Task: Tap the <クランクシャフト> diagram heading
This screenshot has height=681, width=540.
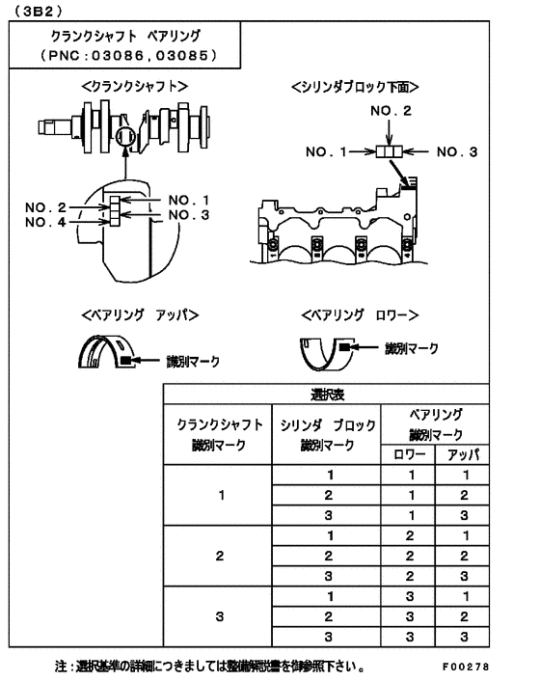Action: click(x=134, y=87)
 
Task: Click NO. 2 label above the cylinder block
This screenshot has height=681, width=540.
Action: click(x=391, y=112)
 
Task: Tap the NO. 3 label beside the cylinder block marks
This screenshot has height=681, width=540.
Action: click(x=458, y=151)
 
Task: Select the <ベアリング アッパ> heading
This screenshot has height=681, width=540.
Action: click(x=140, y=314)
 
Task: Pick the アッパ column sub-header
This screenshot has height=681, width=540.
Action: click(x=465, y=452)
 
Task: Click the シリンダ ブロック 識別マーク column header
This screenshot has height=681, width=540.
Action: click(x=328, y=435)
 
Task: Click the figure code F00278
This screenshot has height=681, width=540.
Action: click(x=466, y=666)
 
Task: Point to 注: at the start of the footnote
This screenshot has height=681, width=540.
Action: click(x=63, y=666)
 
